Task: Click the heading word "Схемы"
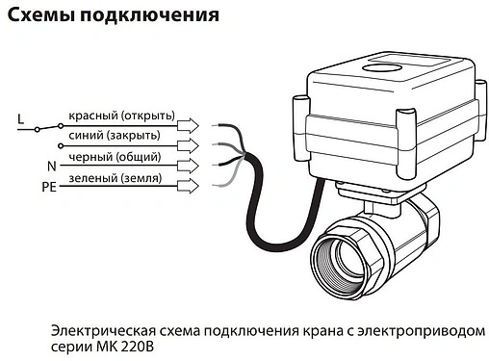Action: [x=41, y=16]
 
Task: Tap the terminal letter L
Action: [x=20, y=119]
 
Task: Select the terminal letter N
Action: [x=50, y=166]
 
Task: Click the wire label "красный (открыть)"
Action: [x=121, y=116]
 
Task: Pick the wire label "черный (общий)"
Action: [x=115, y=157]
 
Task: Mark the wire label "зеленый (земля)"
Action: [x=115, y=179]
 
